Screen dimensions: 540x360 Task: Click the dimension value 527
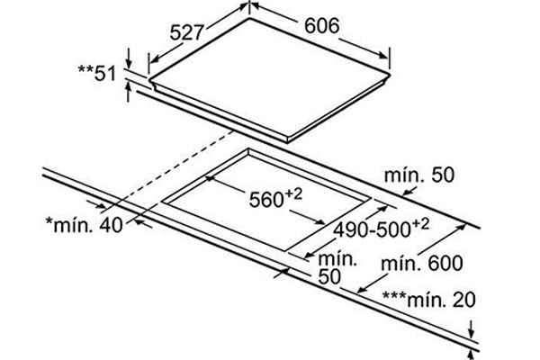(x=186, y=33)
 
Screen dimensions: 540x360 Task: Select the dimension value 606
(x=321, y=25)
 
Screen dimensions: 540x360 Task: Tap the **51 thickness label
(x=97, y=73)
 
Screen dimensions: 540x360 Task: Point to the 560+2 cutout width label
(x=275, y=198)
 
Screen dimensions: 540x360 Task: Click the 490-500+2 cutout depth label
(x=382, y=228)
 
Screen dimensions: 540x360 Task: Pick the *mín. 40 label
(x=85, y=225)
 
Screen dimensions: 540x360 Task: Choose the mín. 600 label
(x=422, y=264)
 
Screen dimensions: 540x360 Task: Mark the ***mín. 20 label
(x=429, y=299)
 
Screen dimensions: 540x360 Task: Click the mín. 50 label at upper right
(x=419, y=175)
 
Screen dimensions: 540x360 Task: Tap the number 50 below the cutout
(x=329, y=276)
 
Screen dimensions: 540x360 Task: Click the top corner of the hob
(x=249, y=18)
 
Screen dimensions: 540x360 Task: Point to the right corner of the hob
(x=391, y=74)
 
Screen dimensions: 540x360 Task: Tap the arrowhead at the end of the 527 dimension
(x=154, y=59)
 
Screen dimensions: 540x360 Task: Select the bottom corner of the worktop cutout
(x=285, y=250)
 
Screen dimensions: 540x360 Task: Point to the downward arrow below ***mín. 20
(x=472, y=329)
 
